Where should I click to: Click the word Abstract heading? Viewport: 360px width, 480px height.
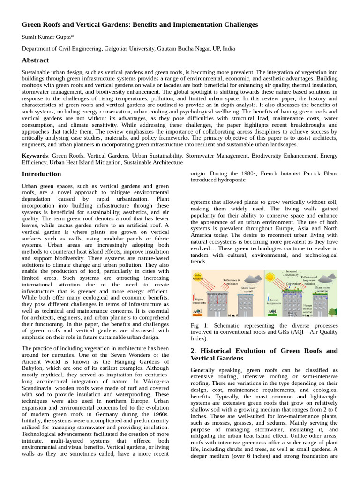[x=35, y=60]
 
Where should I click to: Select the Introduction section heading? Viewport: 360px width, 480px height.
[x=41, y=174]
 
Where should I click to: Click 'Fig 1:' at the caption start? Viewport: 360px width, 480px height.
[x=198, y=325]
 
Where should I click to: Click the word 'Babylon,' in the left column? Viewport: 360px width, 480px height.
[x=34, y=368]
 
